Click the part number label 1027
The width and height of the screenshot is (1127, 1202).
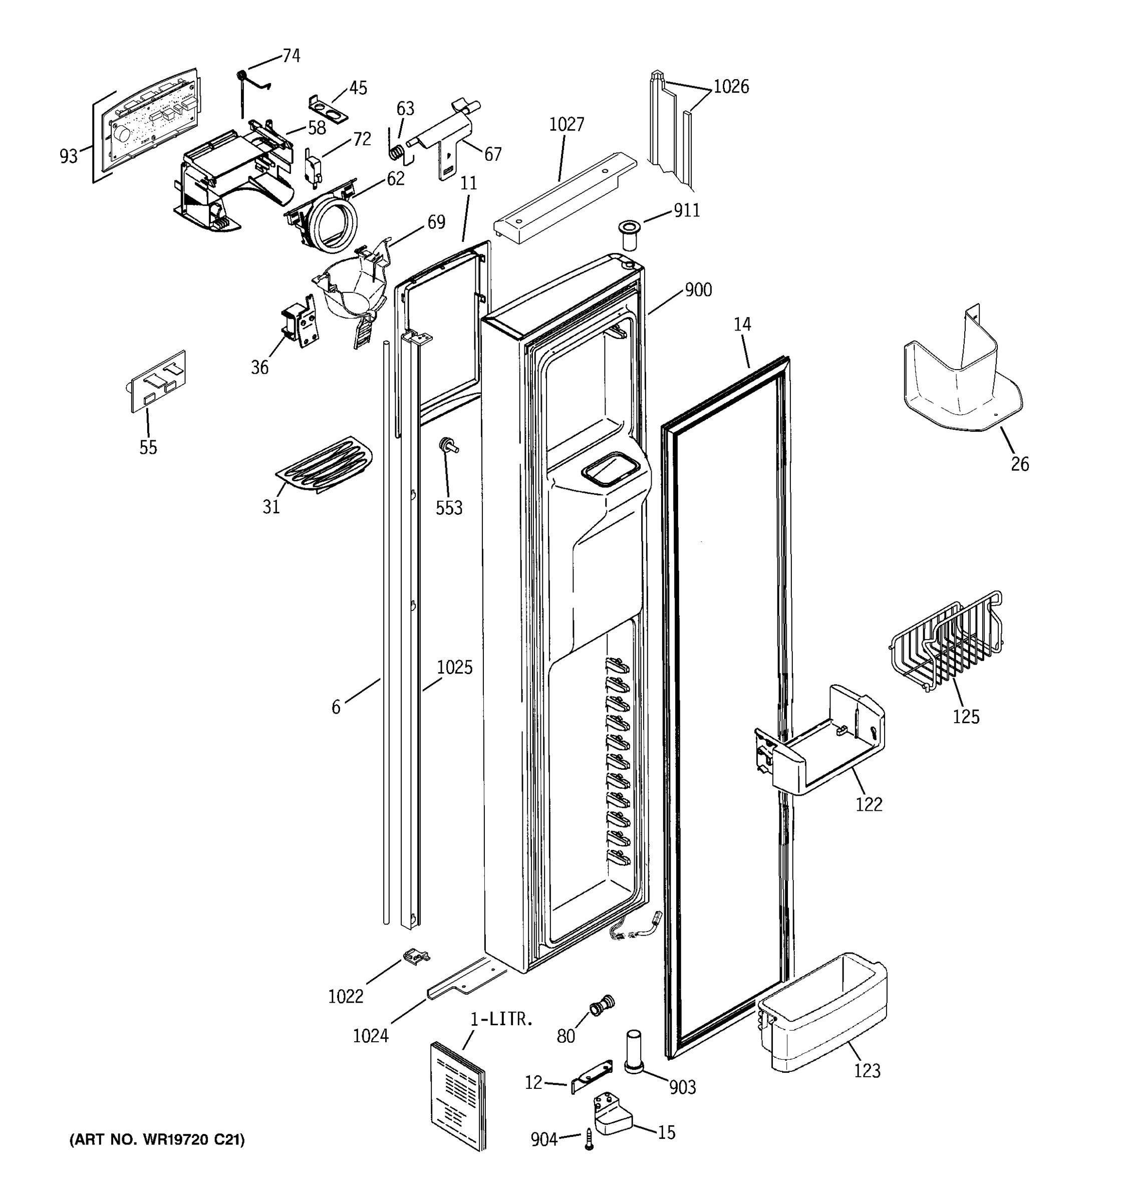tap(566, 125)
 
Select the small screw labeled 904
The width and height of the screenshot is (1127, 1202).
tap(589, 1140)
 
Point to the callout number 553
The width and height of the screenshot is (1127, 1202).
tap(449, 508)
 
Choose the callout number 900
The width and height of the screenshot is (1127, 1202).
tap(698, 290)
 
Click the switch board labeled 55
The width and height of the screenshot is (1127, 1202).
tap(158, 381)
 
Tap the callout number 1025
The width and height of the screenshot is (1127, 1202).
tap(455, 668)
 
